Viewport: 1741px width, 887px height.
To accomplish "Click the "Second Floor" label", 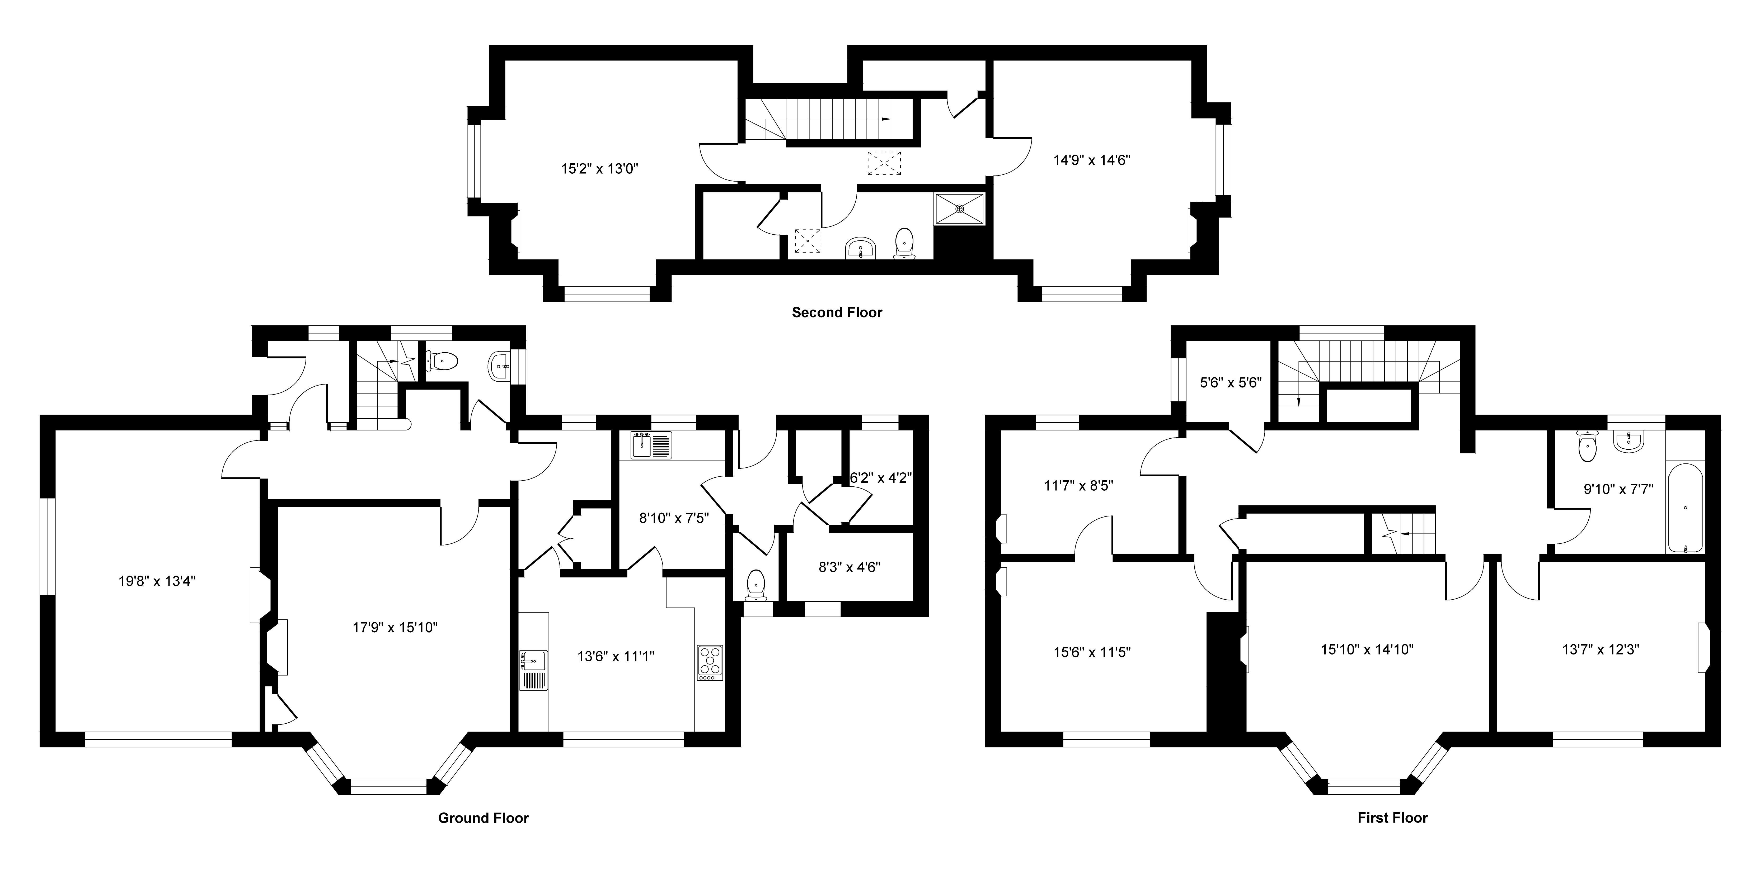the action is [x=837, y=312].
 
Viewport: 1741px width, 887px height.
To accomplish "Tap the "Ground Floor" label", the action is [x=483, y=817].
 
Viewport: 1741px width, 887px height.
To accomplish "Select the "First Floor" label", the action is [x=1392, y=817].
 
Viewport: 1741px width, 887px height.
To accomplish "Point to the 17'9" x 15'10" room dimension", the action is [x=395, y=627].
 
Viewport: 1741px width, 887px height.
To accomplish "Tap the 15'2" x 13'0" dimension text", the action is [x=599, y=168].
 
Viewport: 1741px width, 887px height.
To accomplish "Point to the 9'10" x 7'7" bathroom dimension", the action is [x=1619, y=488].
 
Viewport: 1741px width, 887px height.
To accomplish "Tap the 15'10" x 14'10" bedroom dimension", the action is [x=1367, y=649].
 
